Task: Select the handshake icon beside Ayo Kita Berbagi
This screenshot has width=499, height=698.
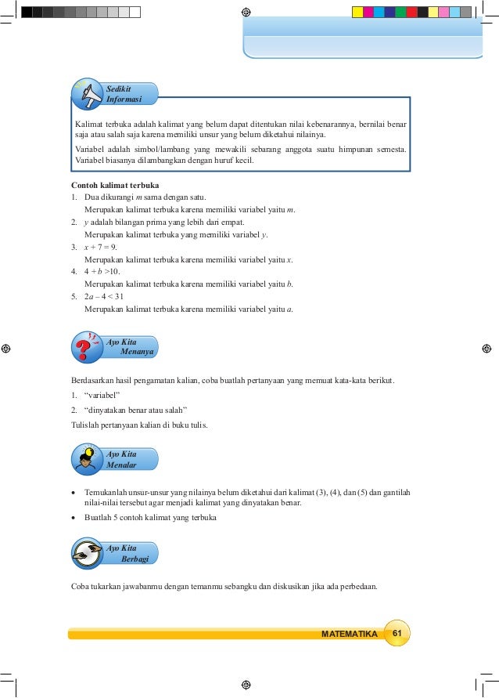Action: click(x=87, y=554)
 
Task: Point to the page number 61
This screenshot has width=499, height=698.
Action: click(x=397, y=633)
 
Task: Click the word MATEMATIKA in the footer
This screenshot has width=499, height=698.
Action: click(x=349, y=634)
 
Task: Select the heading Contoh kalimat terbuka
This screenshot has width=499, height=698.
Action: click(x=109, y=185)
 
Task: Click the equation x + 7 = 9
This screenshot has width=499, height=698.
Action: click(x=100, y=247)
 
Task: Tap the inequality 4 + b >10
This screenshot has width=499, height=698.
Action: click(x=102, y=271)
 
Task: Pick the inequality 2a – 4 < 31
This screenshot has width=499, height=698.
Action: click(x=103, y=296)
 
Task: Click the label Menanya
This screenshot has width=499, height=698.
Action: click(x=137, y=352)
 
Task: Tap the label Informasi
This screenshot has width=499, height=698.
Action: click(x=124, y=99)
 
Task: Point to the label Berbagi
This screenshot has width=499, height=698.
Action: click(x=135, y=559)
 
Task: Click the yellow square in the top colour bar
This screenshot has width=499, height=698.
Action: click(x=357, y=13)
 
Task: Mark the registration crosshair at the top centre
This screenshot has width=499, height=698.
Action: click(x=246, y=13)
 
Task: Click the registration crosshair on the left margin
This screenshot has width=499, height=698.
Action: click(x=6, y=349)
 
